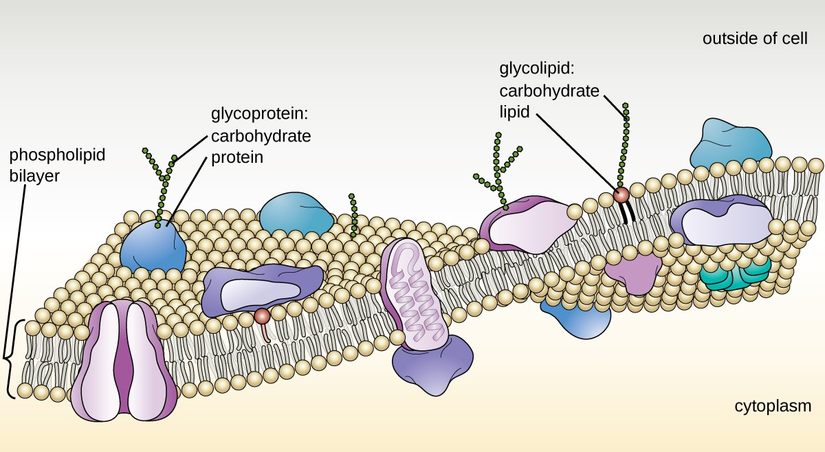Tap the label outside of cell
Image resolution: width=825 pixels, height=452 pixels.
coord(754,38)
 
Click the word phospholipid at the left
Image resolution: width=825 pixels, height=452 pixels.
coord(57,155)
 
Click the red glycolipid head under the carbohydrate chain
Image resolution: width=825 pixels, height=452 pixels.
coord(621,195)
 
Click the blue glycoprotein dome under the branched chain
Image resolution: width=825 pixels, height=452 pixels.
coord(153,245)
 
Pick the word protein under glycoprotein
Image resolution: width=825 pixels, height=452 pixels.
coord(236,157)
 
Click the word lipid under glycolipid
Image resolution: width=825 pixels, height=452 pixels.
coord(514,112)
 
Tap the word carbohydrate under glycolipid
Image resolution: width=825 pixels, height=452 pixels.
coord(549,91)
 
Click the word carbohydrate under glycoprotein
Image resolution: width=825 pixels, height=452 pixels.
coord(261,135)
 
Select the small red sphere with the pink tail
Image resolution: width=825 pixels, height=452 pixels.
coord(261,316)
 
